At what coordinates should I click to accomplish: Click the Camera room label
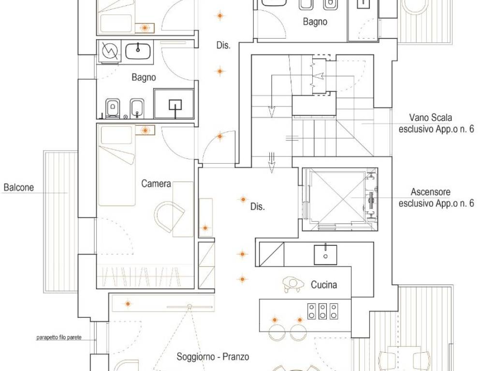156,184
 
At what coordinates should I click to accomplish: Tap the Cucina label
324,285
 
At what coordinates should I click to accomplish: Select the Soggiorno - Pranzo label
213,357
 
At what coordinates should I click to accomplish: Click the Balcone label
19,187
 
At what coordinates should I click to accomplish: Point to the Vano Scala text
431,118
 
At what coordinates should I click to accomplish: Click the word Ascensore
431,192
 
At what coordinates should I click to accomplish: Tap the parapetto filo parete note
59,338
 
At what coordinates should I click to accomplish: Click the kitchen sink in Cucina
325,255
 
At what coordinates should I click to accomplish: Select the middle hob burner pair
322,311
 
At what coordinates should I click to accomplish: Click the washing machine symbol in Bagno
110,51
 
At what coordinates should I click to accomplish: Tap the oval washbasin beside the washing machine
138,51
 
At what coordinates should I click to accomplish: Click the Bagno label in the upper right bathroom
315,22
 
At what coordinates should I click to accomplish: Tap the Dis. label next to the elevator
257,207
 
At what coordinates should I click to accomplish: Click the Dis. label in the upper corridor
223,45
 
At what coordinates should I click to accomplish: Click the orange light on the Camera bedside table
145,130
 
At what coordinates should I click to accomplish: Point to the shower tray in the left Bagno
174,104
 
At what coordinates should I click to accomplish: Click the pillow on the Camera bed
116,135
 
